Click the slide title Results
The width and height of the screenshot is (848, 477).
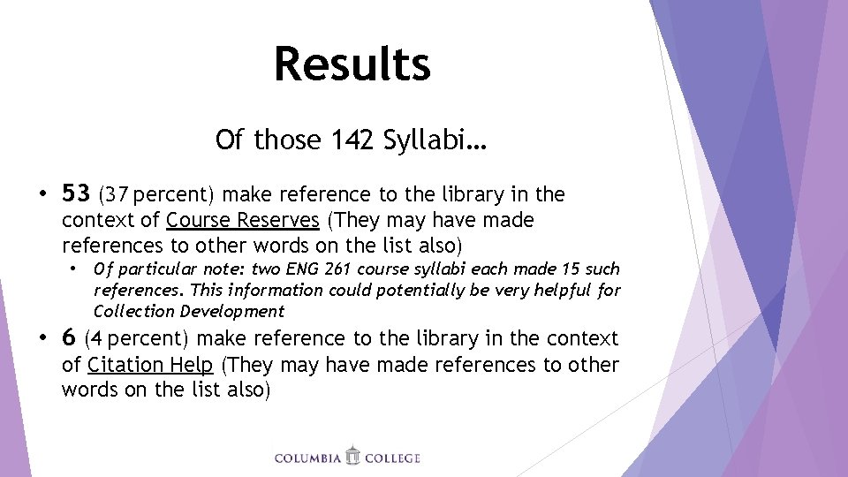(x=352, y=64)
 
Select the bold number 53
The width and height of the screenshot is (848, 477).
(x=76, y=193)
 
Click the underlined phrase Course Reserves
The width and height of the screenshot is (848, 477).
(x=242, y=219)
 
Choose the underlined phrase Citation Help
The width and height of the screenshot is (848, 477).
(x=151, y=365)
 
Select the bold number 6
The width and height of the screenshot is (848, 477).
(x=69, y=337)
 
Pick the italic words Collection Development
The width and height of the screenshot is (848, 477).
(x=189, y=311)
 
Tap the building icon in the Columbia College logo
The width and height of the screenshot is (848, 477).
(x=353, y=456)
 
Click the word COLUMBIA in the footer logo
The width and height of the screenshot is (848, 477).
(x=308, y=458)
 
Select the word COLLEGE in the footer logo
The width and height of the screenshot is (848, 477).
(x=393, y=458)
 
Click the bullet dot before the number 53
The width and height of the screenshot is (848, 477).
(x=42, y=193)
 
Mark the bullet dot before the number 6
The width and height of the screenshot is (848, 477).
(x=42, y=338)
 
